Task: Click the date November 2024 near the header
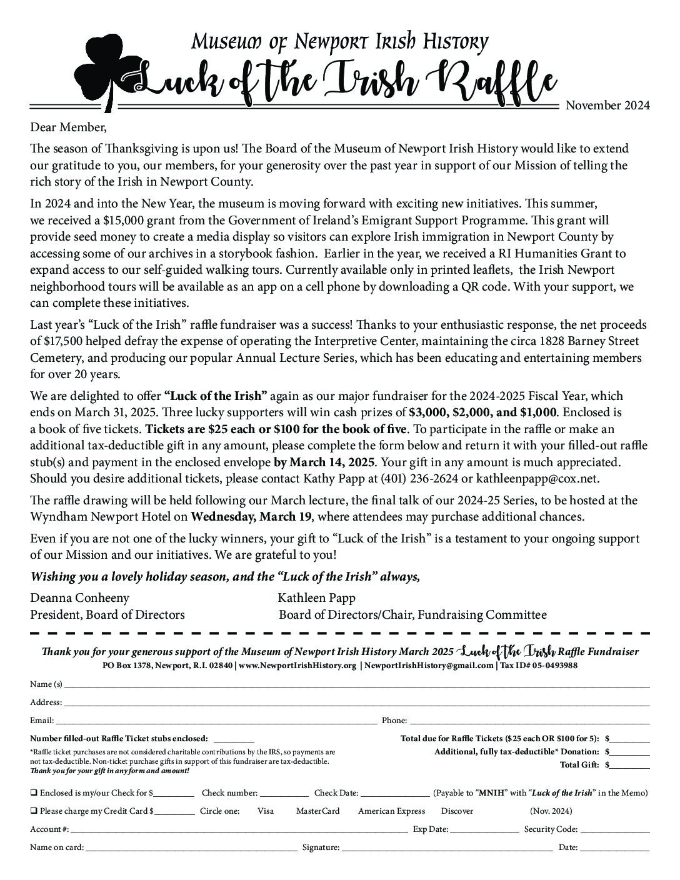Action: coord(607,105)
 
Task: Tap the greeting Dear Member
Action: coord(69,127)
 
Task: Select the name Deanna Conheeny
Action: coord(79,598)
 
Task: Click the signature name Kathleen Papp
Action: coord(316,598)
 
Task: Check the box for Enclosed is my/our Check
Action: coord(33,793)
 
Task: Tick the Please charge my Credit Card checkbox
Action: coord(33,811)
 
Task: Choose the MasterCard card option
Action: coord(317,811)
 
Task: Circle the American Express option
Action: coord(391,811)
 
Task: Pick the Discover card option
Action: coord(457,811)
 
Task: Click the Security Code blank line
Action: coord(614,831)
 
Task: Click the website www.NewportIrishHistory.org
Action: coord(297,666)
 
